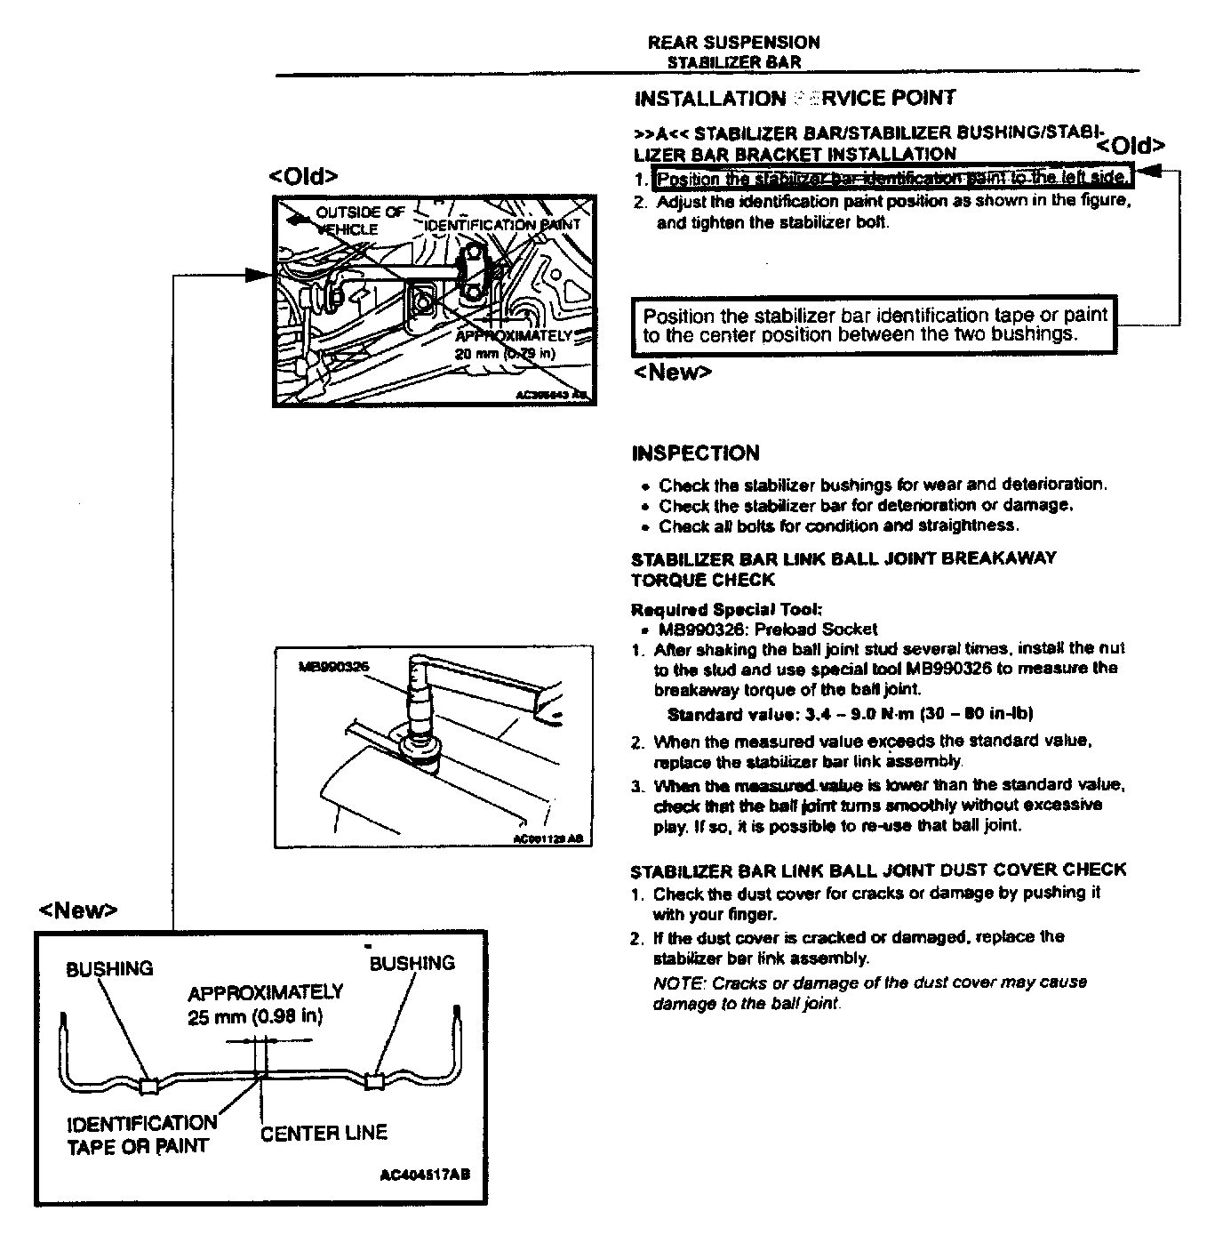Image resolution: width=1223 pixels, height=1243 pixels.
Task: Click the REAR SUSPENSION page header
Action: click(x=733, y=42)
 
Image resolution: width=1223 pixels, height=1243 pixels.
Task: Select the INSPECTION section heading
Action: click(x=695, y=453)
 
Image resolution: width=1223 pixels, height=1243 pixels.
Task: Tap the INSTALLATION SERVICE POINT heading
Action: click(x=795, y=99)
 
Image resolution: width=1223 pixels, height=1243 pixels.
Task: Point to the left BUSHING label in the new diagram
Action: click(x=109, y=968)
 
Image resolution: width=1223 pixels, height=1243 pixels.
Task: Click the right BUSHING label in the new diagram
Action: click(x=412, y=963)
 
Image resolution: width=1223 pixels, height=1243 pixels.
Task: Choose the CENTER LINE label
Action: click(x=324, y=1133)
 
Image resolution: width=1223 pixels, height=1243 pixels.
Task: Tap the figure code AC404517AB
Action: click(x=424, y=1175)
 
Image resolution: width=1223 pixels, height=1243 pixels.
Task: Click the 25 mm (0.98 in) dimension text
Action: click(x=255, y=1017)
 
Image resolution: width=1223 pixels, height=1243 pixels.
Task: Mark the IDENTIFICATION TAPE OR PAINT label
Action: click(x=141, y=1135)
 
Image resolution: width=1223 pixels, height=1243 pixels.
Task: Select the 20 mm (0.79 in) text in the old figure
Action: click(x=504, y=353)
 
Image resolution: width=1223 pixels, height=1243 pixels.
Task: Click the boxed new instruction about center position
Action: click(x=875, y=325)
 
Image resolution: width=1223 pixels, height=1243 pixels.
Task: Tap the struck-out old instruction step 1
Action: click(x=892, y=178)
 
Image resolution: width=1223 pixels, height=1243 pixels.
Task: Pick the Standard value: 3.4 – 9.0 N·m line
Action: click(x=849, y=714)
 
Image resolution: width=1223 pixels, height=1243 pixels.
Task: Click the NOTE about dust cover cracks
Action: click(x=869, y=993)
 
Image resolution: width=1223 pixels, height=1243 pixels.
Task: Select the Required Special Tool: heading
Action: click(x=725, y=609)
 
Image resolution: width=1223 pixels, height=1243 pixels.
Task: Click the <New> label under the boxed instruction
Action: click(x=672, y=373)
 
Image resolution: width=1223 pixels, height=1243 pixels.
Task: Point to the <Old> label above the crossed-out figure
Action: click(x=303, y=176)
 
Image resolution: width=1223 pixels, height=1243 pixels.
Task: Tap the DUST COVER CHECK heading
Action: click(x=878, y=870)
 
